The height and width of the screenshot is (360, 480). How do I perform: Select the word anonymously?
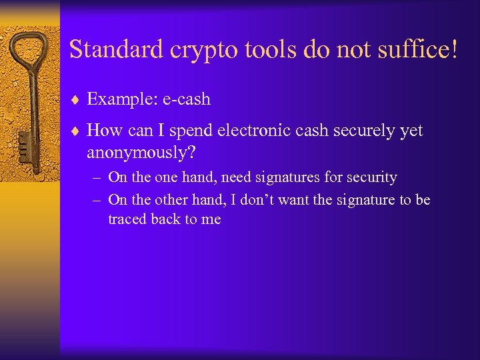click(141, 153)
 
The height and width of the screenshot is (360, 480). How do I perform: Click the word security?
click(371, 178)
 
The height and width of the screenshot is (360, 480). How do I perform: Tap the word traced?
click(127, 219)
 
